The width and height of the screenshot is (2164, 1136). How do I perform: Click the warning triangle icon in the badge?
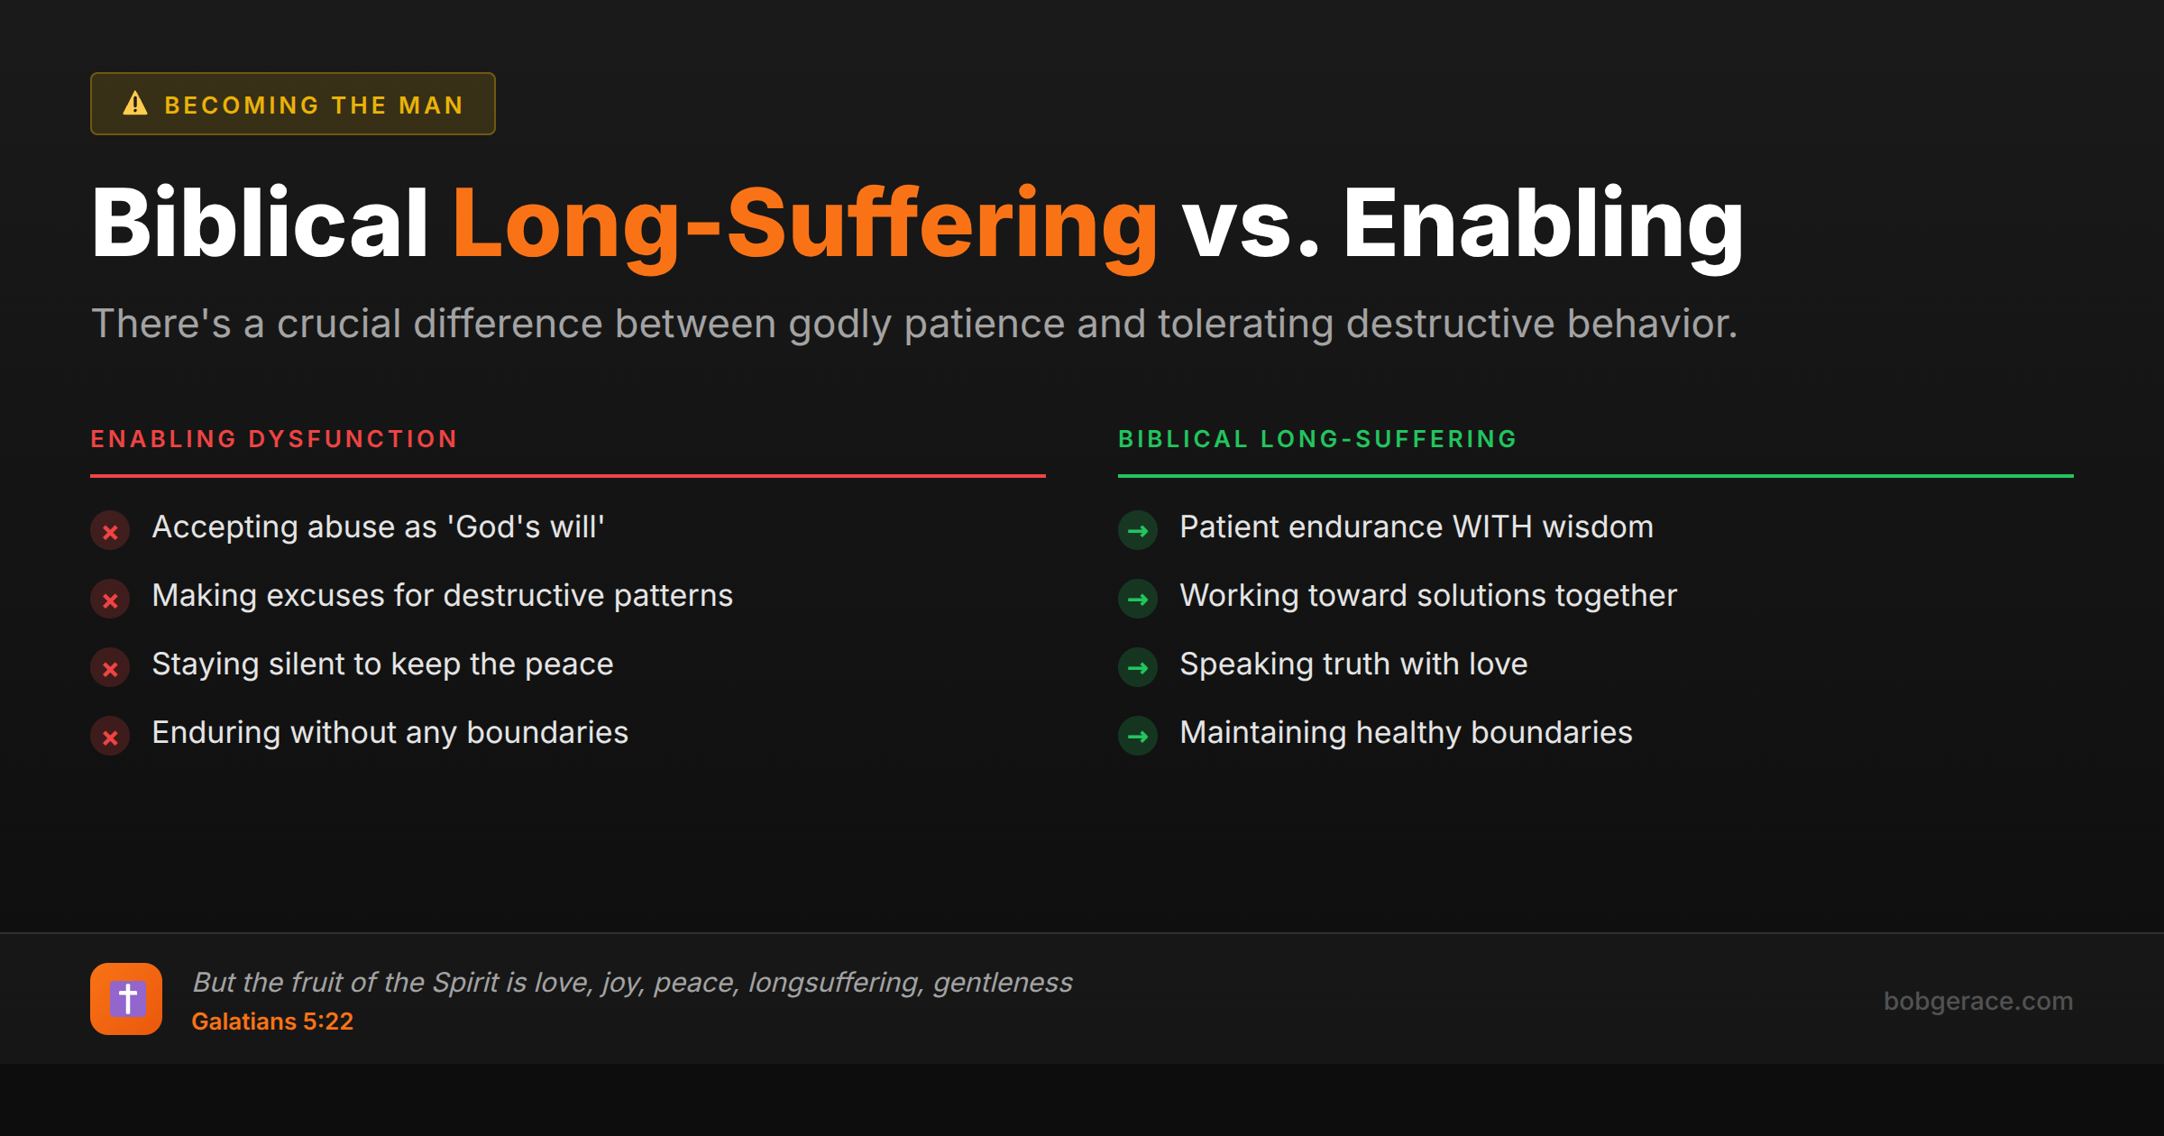click(x=135, y=104)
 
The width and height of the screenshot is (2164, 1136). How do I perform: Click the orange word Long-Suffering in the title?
click(x=804, y=224)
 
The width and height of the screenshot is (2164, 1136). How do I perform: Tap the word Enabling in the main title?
click(x=1543, y=224)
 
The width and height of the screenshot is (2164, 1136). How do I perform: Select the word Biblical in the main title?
click(x=260, y=224)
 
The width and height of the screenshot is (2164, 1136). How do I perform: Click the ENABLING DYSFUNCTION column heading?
click(x=274, y=439)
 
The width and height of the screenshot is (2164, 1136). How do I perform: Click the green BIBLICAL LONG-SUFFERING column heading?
click(x=1317, y=439)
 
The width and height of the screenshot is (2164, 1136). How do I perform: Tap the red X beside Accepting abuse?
click(x=110, y=531)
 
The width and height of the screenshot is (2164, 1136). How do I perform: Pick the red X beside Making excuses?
click(x=110, y=600)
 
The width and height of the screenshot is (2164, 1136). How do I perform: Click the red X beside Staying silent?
click(x=110, y=668)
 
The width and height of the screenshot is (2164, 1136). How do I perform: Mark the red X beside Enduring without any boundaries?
click(x=110, y=737)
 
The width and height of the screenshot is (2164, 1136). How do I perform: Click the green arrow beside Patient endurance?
click(x=1138, y=531)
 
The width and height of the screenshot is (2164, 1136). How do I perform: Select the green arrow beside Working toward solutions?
click(x=1138, y=600)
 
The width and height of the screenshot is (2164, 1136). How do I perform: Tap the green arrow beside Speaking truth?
click(x=1138, y=668)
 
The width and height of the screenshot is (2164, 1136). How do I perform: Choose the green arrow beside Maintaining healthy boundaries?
click(x=1138, y=737)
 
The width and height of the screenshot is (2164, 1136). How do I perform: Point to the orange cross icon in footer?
click(x=126, y=999)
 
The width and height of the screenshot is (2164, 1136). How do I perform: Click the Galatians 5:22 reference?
click(x=272, y=1021)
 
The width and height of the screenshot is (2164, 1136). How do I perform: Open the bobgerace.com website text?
click(x=1977, y=1001)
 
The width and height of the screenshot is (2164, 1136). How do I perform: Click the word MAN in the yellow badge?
click(x=431, y=105)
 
